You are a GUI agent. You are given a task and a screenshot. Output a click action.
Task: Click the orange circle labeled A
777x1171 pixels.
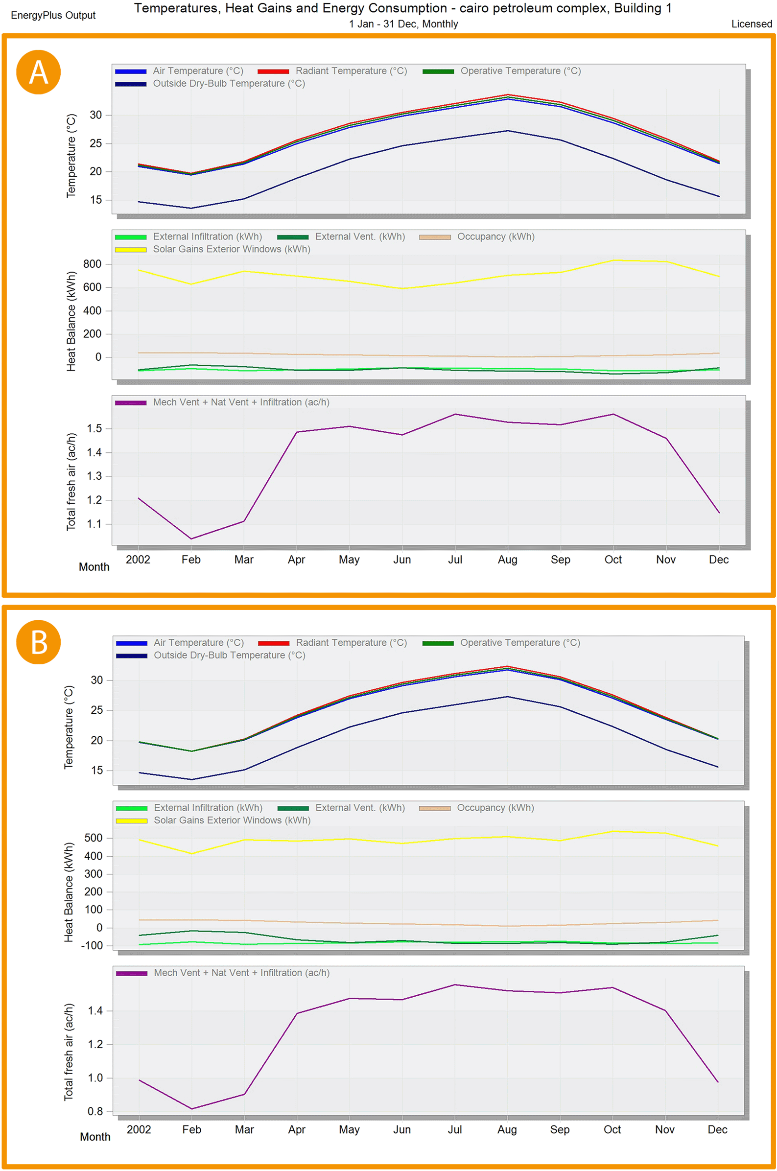(x=38, y=72)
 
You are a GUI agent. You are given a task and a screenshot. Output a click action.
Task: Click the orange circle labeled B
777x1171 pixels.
(x=38, y=642)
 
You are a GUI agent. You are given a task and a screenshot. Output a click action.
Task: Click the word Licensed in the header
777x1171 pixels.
(x=751, y=24)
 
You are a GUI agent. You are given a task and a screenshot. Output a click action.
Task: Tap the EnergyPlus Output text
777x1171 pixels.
(x=53, y=15)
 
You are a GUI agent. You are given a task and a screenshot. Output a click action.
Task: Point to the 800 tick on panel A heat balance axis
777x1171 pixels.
(x=93, y=264)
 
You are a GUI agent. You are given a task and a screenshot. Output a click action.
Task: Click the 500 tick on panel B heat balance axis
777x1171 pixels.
(x=94, y=838)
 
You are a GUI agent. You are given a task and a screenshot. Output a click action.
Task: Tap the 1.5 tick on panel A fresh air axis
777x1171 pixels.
(x=94, y=428)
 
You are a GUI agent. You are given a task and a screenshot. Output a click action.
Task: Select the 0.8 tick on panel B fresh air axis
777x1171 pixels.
(x=95, y=1112)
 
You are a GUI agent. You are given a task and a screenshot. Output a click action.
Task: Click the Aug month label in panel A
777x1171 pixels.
(x=507, y=560)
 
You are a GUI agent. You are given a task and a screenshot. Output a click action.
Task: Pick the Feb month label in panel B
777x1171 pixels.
(x=191, y=1129)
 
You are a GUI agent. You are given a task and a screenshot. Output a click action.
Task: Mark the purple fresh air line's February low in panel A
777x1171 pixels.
(x=191, y=539)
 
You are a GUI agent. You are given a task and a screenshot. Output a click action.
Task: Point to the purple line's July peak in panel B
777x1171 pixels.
(x=454, y=985)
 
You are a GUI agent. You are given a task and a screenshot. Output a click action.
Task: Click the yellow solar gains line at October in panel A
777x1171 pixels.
(x=613, y=260)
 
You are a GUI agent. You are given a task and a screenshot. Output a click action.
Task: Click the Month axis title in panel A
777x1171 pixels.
(x=94, y=567)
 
